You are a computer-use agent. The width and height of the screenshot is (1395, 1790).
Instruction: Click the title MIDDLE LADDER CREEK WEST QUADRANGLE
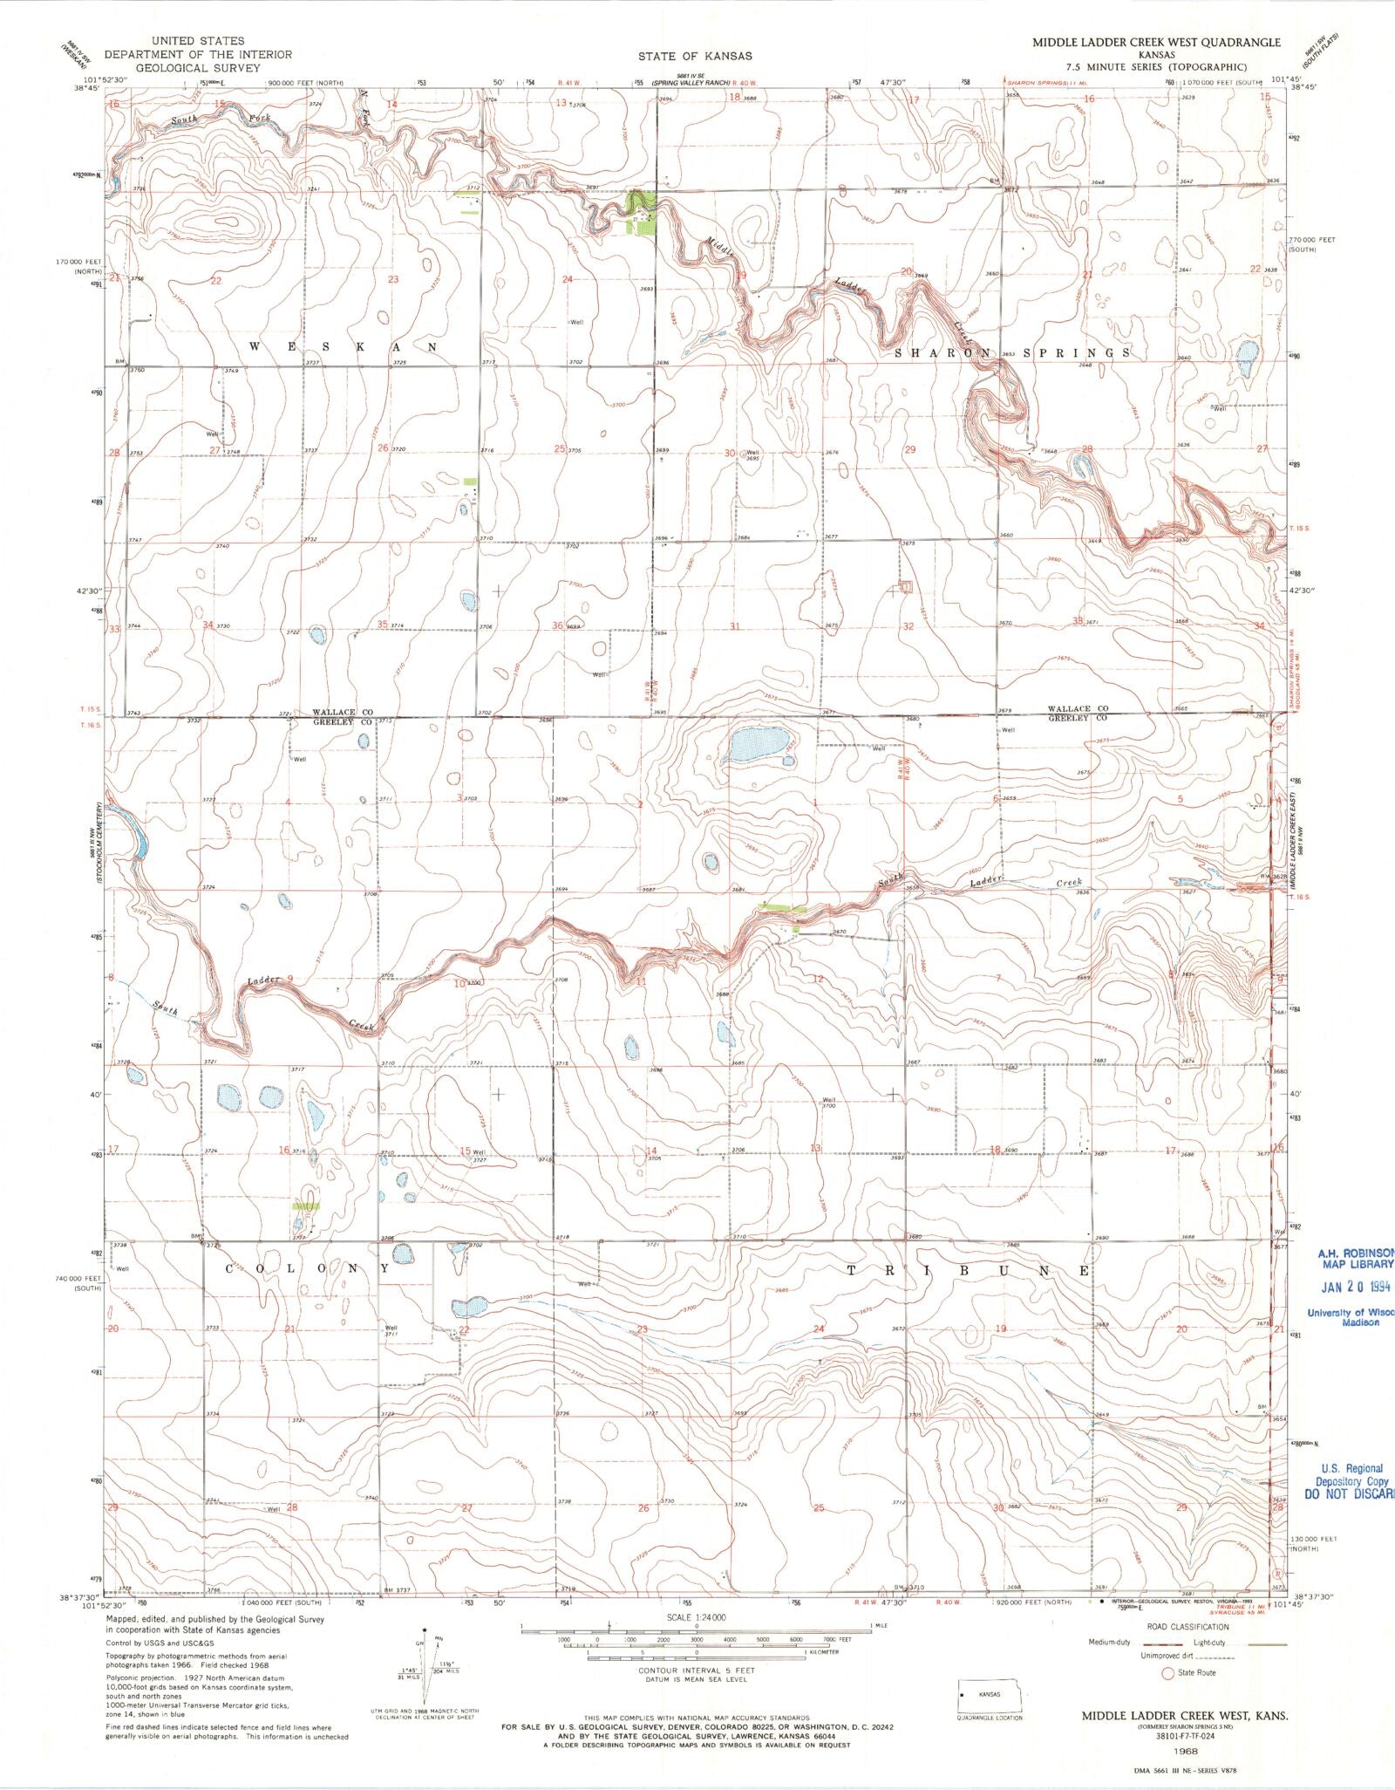point(1156,42)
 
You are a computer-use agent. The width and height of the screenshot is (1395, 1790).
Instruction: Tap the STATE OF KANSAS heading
point(695,56)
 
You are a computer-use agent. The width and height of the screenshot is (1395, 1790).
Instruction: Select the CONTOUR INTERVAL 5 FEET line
point(696,1670)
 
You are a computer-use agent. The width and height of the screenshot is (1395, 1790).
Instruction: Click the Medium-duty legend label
point(1109,1643)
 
